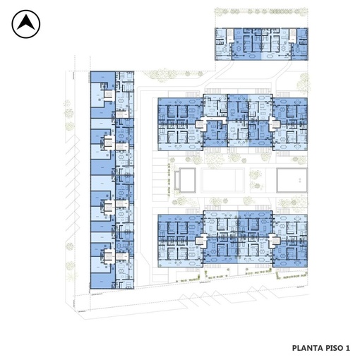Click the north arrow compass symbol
(x=26, y=24)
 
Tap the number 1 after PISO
(x=348, y=348)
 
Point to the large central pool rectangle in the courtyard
(x=223, y=180)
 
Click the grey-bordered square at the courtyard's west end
(x=187, y=180)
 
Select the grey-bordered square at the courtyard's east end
(x=292, y=180)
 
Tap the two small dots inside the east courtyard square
(x=300, y=181)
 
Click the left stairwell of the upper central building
(x=200, y=124)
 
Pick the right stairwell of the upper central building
(x=274, y=124)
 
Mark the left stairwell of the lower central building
(x=200, y=241)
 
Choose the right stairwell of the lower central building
(x=274, y=241)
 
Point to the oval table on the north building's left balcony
(x=252, y=56)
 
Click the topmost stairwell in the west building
(x=108, y=95)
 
